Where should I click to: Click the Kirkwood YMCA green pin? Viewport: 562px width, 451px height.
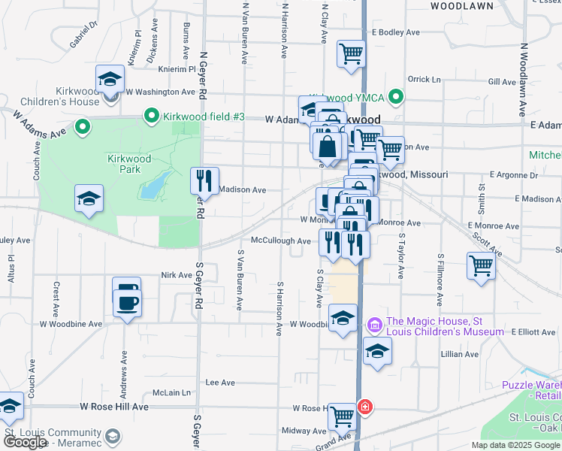click(397, 97)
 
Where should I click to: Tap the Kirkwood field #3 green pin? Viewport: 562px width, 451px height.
click(151, 117)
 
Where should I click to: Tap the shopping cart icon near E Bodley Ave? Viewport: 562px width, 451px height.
click(351, 54)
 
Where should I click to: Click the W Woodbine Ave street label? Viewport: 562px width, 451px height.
click(71, 324)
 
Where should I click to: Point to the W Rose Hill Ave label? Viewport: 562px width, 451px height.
click(114, 407)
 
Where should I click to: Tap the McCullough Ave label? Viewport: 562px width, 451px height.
click(281, 241)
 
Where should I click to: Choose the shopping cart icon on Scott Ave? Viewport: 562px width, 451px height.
click(481, 265)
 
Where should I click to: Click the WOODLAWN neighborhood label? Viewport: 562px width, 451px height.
click(462, 6)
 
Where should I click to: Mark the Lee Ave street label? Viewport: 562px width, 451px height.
click(221, 383)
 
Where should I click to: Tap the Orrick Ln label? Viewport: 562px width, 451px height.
click(424, 79)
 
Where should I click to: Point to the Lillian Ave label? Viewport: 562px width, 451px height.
click(461, 354)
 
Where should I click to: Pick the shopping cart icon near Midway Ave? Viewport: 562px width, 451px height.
click(342, 414)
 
